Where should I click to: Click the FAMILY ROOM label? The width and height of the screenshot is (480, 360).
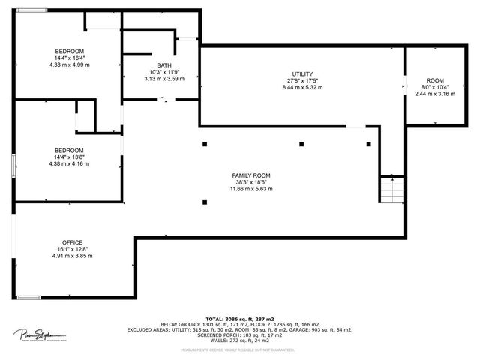250,175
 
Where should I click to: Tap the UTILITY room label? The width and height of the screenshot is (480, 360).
302,73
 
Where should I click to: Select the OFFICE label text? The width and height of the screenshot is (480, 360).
72,241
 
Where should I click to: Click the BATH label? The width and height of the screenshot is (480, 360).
163,65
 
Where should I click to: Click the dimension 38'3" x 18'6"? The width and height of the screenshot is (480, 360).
250,182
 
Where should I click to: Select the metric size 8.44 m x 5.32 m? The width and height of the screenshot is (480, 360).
302,87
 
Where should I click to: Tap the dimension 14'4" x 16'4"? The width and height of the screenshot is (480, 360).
69,58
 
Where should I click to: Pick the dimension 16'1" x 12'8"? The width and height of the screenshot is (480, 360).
72,248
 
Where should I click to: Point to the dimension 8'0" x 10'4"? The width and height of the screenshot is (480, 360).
435,87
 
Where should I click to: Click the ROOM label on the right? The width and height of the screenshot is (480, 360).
435,80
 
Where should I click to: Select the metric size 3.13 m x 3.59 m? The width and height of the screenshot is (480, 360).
163,79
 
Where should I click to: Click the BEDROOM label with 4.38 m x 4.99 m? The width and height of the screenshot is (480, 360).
69,51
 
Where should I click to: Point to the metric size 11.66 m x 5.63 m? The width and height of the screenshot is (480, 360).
250,189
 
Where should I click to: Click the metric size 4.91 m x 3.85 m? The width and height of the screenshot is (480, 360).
72,255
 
